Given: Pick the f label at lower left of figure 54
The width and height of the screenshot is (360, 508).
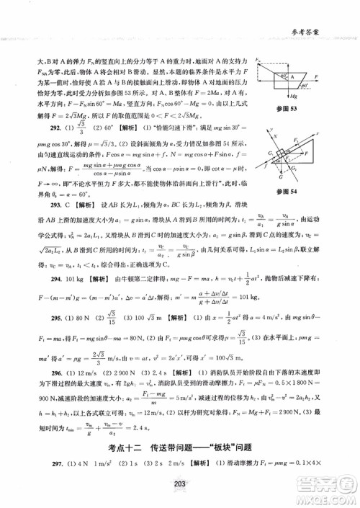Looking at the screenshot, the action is coord(284,164).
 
